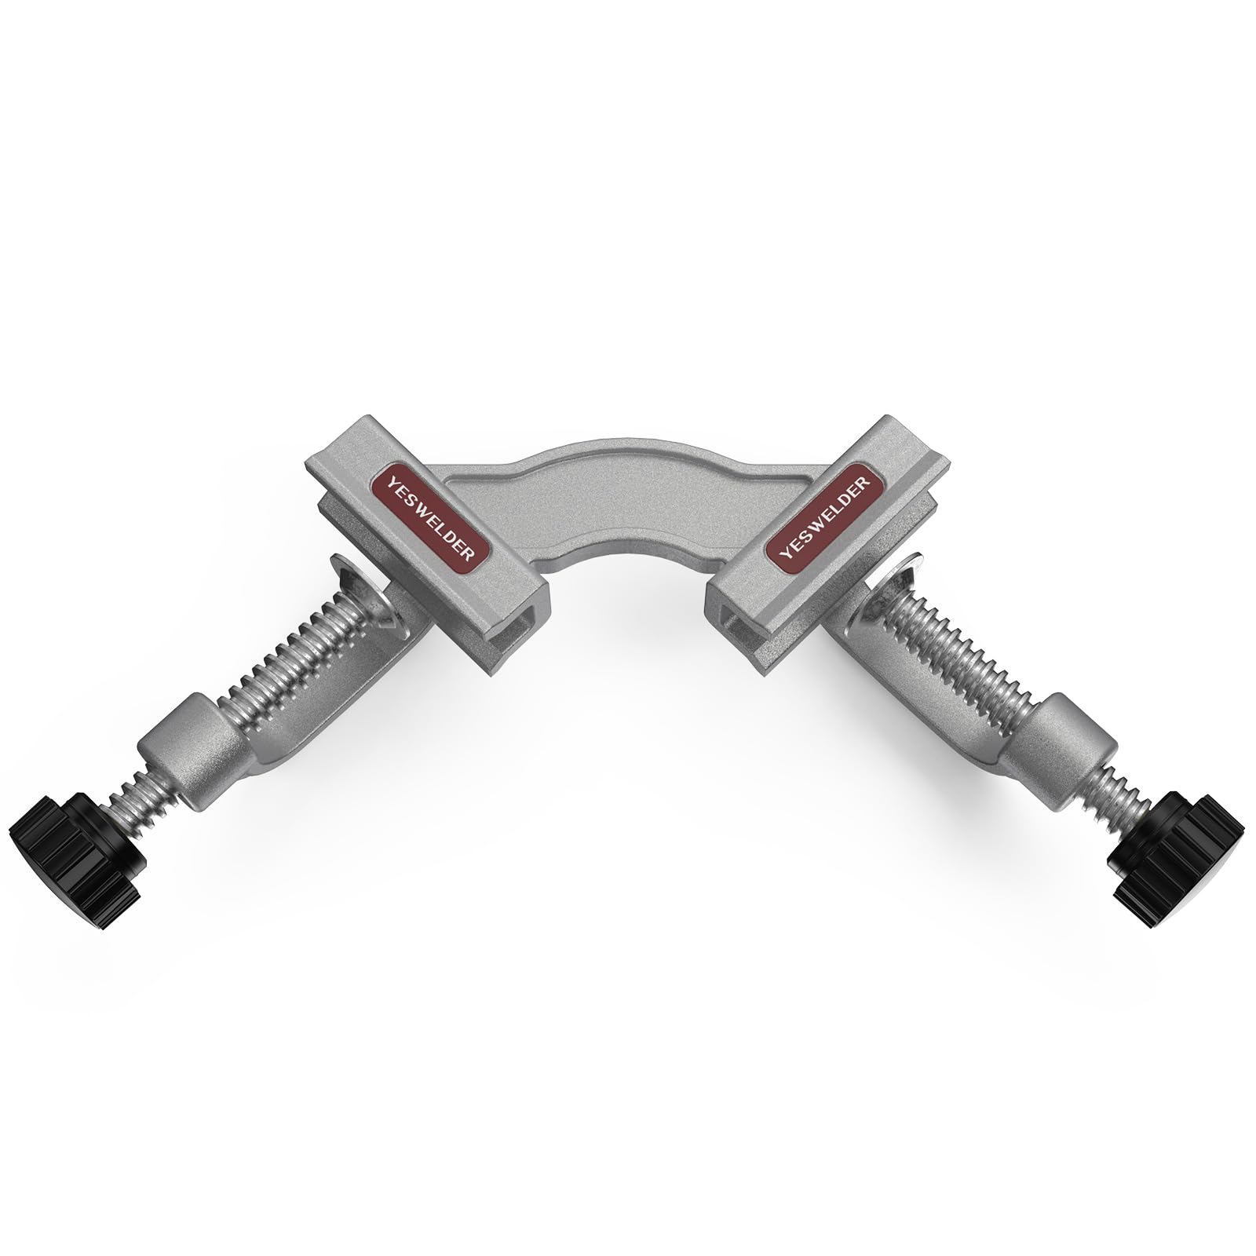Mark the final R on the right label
point(866,480)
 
